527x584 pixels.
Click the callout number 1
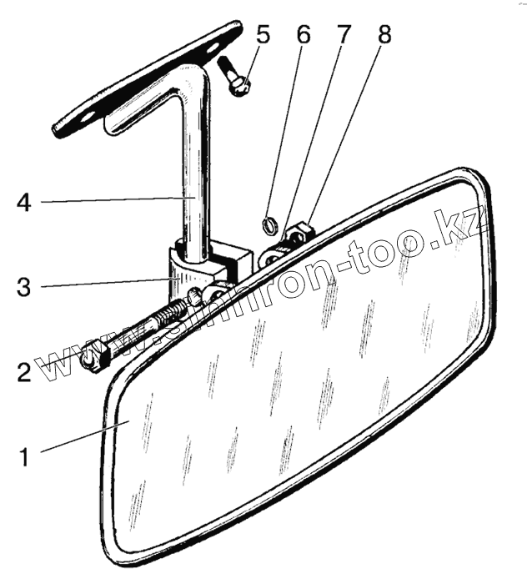click(24, 456)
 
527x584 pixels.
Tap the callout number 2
click(24, 371)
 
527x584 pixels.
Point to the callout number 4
click(24, 202)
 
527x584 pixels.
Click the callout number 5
click(263, 36)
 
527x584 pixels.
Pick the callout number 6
click(304, 36)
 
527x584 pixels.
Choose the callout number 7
click(343, 36)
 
